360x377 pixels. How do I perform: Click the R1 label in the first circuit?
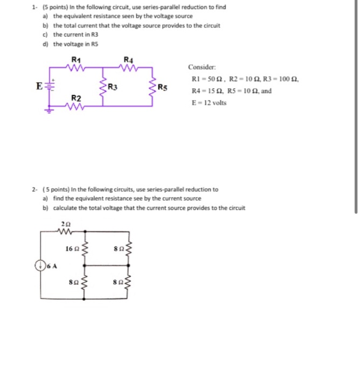point(76,59)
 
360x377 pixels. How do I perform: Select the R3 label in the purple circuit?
point(113,87)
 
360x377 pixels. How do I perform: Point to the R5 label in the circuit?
point(164,87)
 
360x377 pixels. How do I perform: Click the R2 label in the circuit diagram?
point(77,99)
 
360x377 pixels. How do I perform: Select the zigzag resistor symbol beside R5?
point(154,87)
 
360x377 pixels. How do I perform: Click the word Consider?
point(202,67)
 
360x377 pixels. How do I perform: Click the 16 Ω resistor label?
point(71,248)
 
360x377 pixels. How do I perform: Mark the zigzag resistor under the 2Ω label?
point(66,231)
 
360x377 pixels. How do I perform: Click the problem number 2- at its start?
point(34,190)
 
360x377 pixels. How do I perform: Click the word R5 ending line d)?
point(95,44)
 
